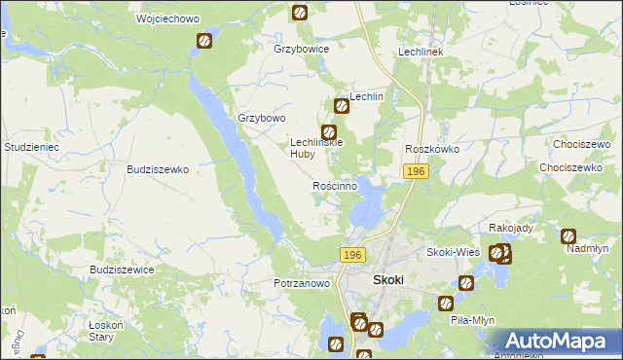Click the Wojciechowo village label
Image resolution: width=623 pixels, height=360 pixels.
point(161,19)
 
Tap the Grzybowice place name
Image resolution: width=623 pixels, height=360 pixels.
point(302,49)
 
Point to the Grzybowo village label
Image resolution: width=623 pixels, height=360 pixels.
point(262,119)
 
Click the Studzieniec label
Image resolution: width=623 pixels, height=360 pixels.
point(33,147)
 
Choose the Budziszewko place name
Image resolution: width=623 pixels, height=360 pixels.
point(158,168)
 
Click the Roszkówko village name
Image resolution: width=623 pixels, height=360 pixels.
point(432,149)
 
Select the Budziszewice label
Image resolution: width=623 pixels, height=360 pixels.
point(121,270)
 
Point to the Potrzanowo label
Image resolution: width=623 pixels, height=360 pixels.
point(302,283)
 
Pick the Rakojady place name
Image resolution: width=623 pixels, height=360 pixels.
point(511,228)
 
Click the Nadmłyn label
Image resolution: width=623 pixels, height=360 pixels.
point(587,249)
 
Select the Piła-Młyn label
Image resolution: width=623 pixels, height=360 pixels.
point(475,319)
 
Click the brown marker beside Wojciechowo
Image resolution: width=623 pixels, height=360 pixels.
point(204,41)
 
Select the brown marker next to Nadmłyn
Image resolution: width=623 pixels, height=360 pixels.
point(568,235)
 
